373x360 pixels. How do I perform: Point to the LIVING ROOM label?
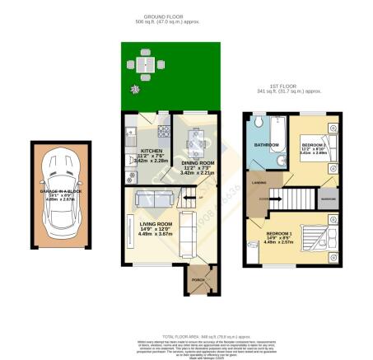tap(156, 224)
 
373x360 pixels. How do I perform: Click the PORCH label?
tap(198, 280)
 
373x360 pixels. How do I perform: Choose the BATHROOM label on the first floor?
tap(267, 145)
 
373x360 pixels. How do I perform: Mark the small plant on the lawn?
tap(135, 89)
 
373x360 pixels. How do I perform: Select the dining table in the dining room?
tap(195, 147)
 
